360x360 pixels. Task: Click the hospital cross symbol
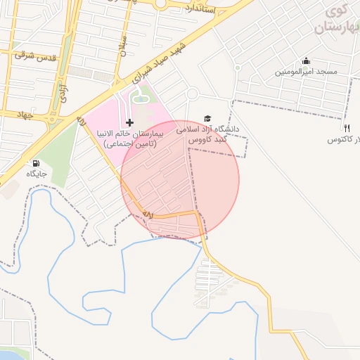pos(129,122)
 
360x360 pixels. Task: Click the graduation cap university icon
pos(207,119)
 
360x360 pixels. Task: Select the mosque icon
pos(306,61)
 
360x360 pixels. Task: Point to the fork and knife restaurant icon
pos(347,128)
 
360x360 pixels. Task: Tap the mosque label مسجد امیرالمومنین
pos(307,72)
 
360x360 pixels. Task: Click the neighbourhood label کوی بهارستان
pos(337,21)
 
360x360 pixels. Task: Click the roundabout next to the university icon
pos(192,94)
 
